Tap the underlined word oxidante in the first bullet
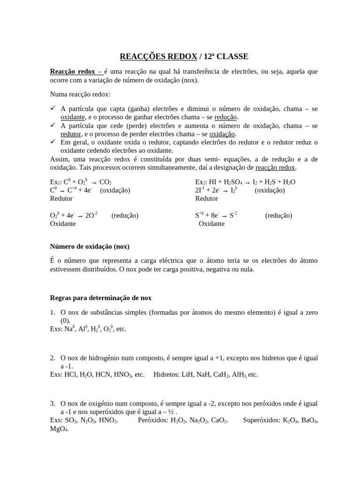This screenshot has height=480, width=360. click(73, 117)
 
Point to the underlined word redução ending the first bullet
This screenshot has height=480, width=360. click(226, 117)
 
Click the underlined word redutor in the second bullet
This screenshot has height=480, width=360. click(71, 134)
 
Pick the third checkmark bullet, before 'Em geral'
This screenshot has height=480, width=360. click(53, 142)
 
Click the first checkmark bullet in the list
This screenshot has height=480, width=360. click(53, 108)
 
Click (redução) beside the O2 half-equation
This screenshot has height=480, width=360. click(125, 215)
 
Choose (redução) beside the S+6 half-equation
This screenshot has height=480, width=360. click(278, 215)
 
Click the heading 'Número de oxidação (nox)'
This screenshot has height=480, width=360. click(90, 247)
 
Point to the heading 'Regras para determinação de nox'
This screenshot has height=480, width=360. click(101, 298)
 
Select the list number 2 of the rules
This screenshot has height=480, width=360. click(52, 358)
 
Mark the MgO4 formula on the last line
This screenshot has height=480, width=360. click(59, 428)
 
